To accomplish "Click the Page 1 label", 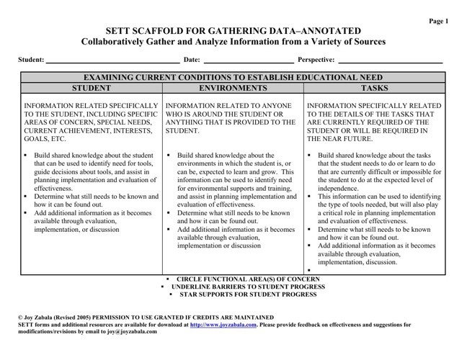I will (x=438, y=21).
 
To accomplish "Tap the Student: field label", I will (x=31, y=60).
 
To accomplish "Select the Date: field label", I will (x=192, y=60).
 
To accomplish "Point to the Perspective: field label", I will (x=316, y=60).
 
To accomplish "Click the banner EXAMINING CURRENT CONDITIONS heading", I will (x=233, y=77).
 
